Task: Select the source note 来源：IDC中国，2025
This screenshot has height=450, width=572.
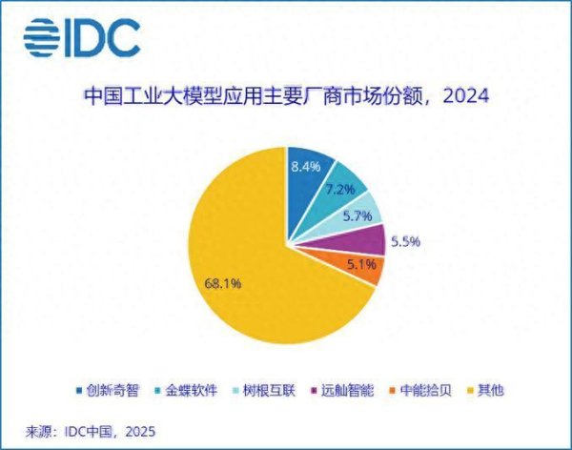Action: coord(85,431)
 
